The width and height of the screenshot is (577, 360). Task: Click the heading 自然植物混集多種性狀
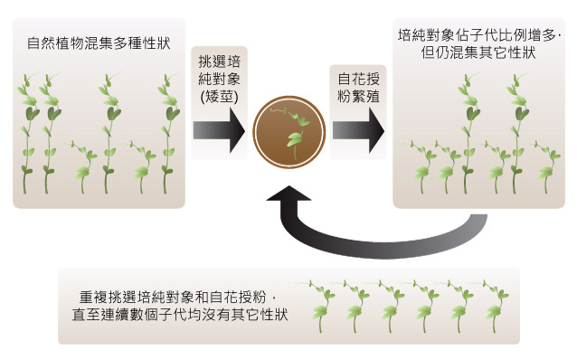[99, 43]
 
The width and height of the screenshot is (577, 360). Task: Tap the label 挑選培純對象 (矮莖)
[220, 79]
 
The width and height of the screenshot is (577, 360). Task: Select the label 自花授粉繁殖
[358, 88]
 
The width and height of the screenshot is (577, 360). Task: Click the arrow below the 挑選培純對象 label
[219, 130]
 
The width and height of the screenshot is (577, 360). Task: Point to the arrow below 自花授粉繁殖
[358, 130]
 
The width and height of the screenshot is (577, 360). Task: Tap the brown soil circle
[289, 131]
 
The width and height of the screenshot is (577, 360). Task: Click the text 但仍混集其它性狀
[478, 52]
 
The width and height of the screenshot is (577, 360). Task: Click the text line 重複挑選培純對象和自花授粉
[176, 297]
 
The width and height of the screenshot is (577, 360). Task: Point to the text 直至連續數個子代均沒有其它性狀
[180, 315]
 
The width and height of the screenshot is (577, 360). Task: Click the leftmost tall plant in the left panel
[28, 133]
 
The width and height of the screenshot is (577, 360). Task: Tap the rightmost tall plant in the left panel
[168, 133]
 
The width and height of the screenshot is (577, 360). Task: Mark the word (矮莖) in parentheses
[220, 97]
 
